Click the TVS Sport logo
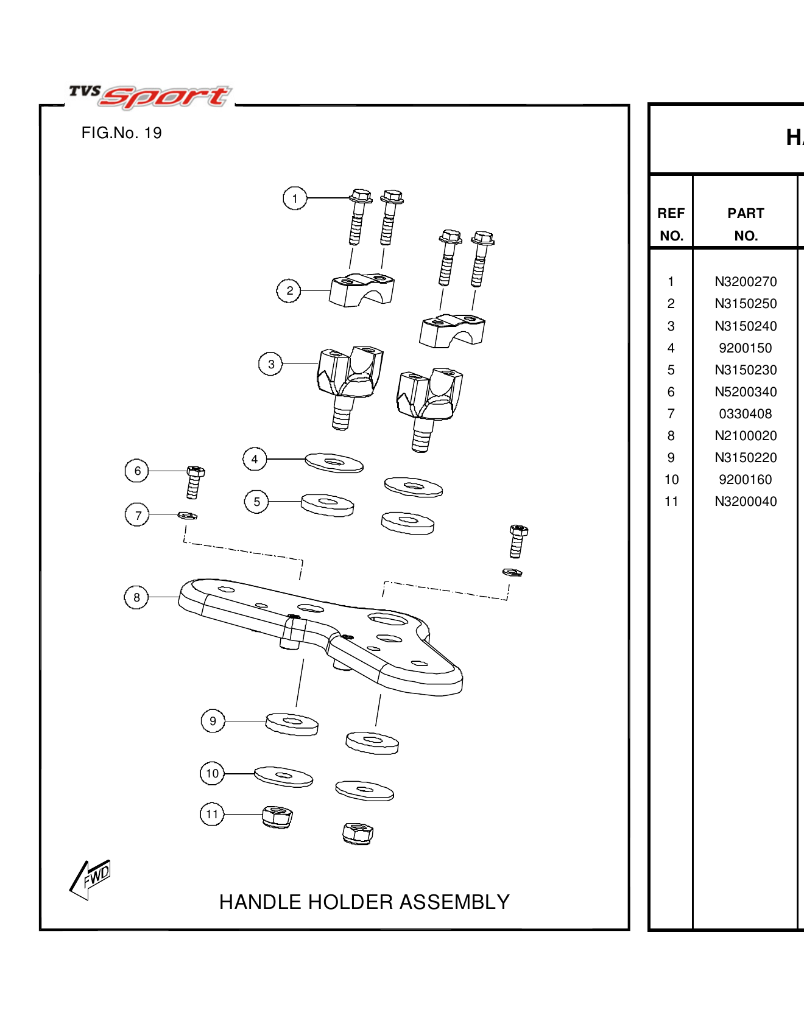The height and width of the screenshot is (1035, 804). (150, 96)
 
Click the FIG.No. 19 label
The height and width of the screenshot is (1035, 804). (121, 133)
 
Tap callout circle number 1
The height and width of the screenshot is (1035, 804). (295, 198)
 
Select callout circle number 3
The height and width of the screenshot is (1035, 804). (270, 364)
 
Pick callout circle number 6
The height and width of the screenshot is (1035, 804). (137, 471)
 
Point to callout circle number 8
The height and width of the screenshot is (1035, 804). (136, 597)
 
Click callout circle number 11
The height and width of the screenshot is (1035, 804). (212, 814)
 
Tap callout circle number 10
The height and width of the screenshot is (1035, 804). (212, 773)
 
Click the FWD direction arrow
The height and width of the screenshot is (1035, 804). (90, 879)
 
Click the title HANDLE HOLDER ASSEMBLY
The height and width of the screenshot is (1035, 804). (364, 902)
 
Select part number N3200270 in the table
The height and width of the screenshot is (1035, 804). (746, 282)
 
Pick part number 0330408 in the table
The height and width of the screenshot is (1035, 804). (745, 414)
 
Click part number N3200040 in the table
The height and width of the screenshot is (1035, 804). (746, 502)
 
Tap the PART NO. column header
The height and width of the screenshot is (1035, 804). (746, 224)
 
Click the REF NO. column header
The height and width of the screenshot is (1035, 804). (671, 224)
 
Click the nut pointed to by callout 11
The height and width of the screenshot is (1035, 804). (277, 816)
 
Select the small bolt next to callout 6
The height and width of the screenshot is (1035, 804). (195, 482)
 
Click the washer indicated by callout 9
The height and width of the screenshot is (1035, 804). (292, 724)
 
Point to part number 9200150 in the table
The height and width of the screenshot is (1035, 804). (745, 348)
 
